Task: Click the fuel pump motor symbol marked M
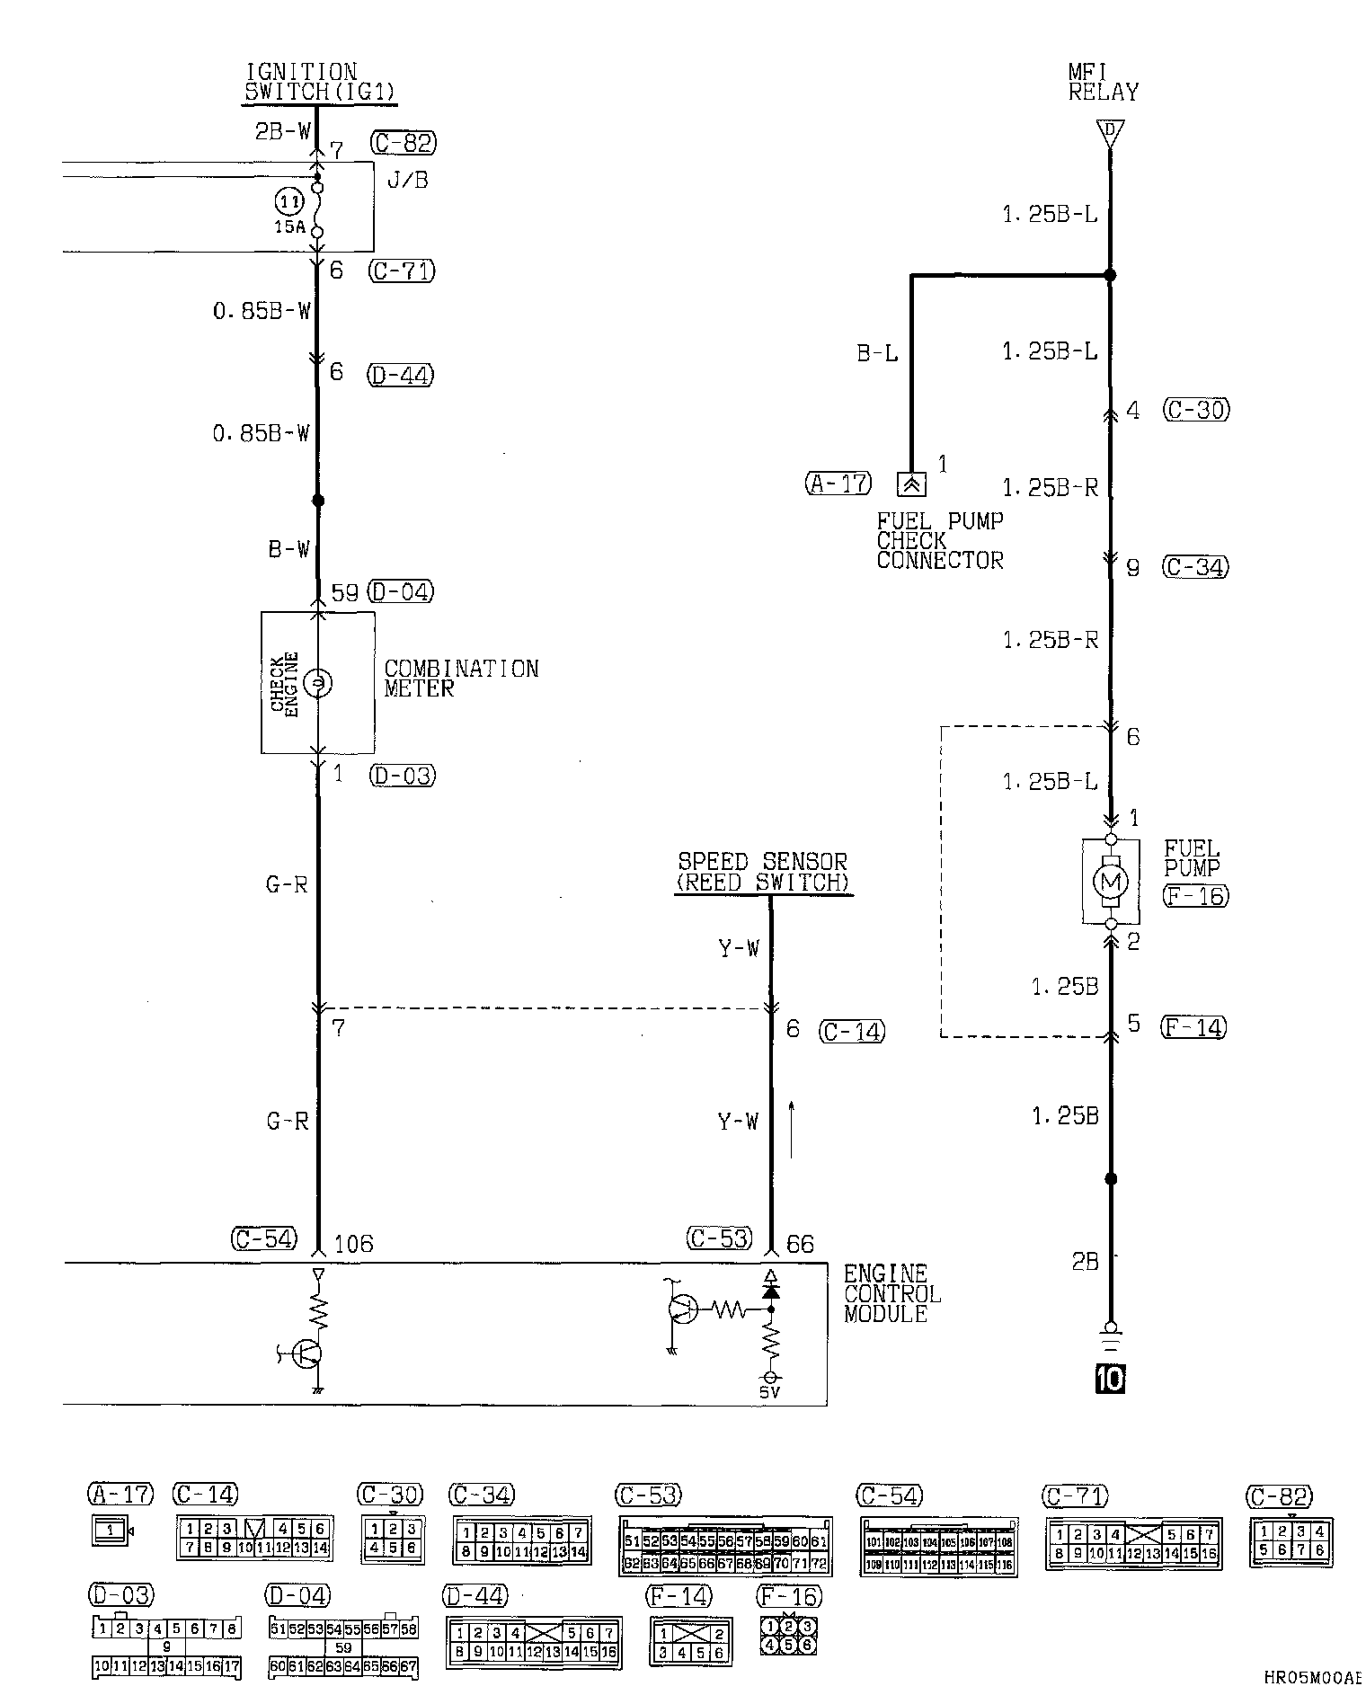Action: pyautogui.click(x=1110, y=881)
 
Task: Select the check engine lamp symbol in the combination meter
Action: pyautogui.click(x=317, y=684)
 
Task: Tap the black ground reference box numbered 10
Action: pyautogui.click(x=1110, y=1378)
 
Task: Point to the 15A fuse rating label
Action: pyautogui.click(x=290, y=227)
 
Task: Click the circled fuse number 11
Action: pyautogui.click(x=288, y=202)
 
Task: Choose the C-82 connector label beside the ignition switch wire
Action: pyautogui.click(x=402, y=143)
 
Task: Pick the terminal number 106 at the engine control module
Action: pyautogui.click(x=353, y=1244)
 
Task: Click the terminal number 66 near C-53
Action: pyautogui.click(x=800, y=1244)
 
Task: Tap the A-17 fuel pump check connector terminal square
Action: pyautogui.click(x=911, y=484)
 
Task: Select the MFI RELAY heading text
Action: pyautogui.click(x=1103, y=82)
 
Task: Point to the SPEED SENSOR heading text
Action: pyautogui.click(x=762, y=872)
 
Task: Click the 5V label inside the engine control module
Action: pyautogui.click(x=769, y=1392)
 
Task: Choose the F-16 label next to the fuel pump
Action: pyautogui.click(x=1194, y=895)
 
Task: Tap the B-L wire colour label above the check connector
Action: pyautogui.click(x=876, y=354)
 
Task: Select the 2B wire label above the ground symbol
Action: pyautogui.click(x=1085, y=1262)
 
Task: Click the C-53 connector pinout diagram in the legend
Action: pyautogui.click(x=724, y=1546)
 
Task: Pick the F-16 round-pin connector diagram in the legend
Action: pyautogui.click(x=788, y=1636)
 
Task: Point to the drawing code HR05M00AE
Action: pyautogui.click(x=1313, y=1677)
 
